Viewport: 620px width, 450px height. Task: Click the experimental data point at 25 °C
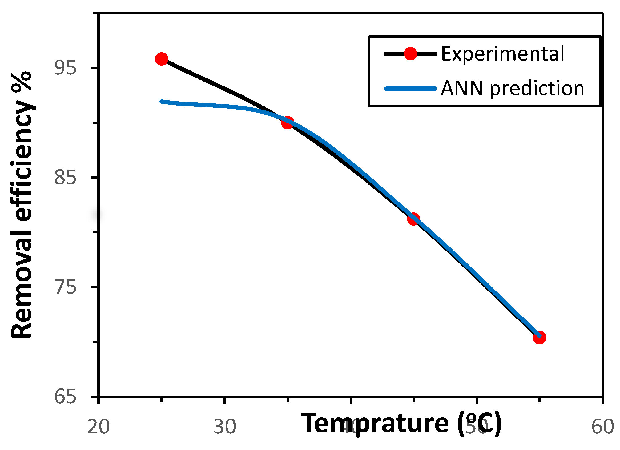tap(162, 59)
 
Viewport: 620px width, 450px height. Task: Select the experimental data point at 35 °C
tap(288, 123)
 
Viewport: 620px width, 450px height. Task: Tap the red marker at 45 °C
tap(413, 219)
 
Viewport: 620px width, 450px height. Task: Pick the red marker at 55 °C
tap(539, 338)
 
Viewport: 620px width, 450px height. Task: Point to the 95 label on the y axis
tap(65, 68)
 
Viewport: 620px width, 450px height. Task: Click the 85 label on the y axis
tap(65, 178)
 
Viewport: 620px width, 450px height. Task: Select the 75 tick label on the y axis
tap(65, 287)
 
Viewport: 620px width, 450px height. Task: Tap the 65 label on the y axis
tap(65, 396)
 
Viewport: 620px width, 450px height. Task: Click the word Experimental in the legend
tap(503, 54)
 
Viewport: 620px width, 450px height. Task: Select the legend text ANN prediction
tap(512, 89)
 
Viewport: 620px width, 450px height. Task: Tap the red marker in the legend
tap(410, 54)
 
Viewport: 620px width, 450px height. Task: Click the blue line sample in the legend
tap(410, 89)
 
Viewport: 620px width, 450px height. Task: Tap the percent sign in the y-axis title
tap(22, 82)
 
